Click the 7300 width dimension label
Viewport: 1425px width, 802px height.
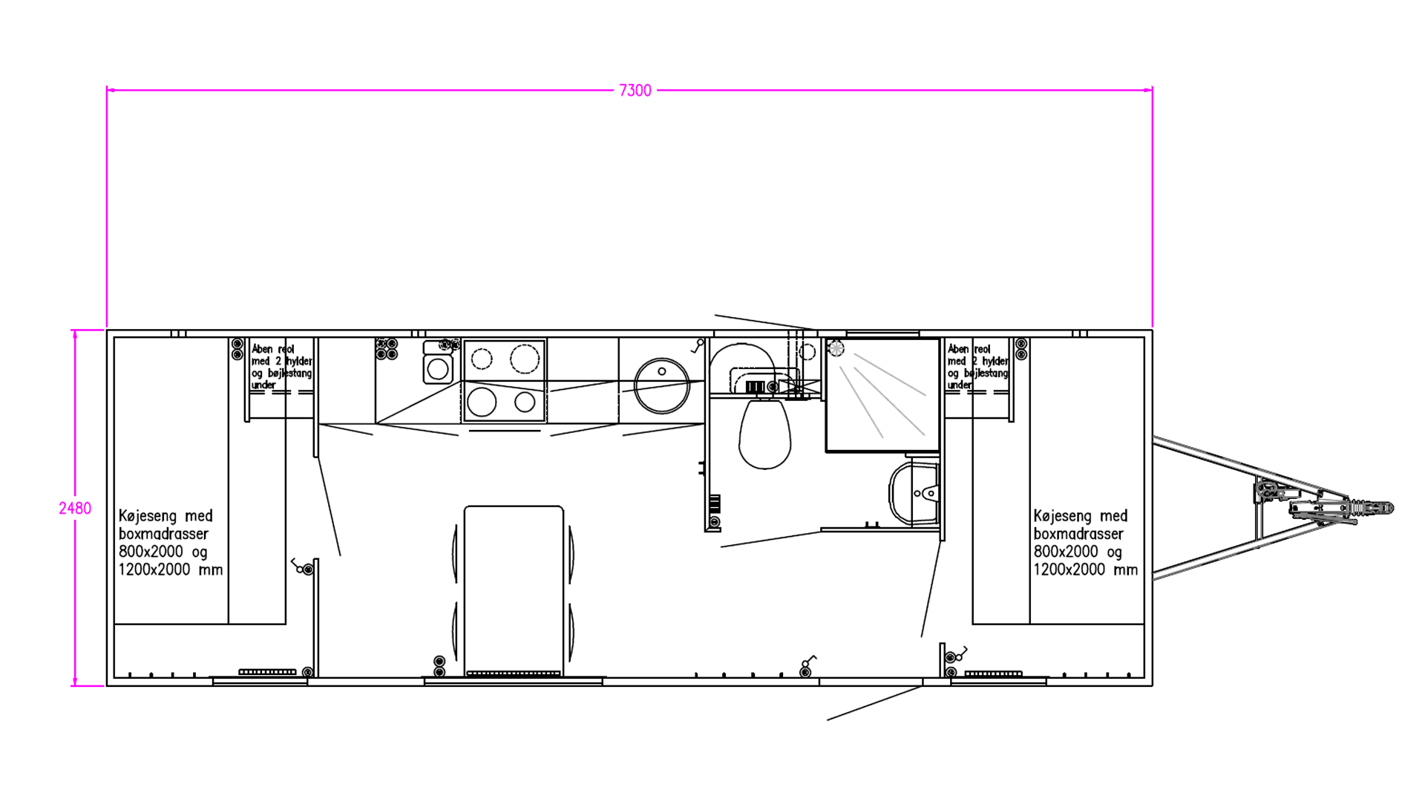(635, 91)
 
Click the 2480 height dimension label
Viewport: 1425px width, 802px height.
(75, 509)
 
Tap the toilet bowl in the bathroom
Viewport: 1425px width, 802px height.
(764, 434)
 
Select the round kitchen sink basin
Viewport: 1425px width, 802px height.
(662, 385)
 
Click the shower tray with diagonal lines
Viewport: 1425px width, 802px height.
(883, 395)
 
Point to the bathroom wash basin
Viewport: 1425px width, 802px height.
(914, 492)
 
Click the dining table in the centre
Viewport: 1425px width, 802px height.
(514, 590)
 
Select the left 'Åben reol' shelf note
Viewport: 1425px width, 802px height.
(281, 367)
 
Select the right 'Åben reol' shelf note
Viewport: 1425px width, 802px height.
(977, 367)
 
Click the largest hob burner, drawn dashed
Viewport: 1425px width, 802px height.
(525, 359)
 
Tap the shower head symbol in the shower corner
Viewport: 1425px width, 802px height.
(836, 348)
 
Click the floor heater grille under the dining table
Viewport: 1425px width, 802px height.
(514, 674)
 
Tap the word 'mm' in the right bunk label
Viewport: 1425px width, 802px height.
(1126, 570)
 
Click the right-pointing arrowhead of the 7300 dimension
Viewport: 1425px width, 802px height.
(1148, 90)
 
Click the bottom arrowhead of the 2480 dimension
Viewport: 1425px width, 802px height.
(75, 681)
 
